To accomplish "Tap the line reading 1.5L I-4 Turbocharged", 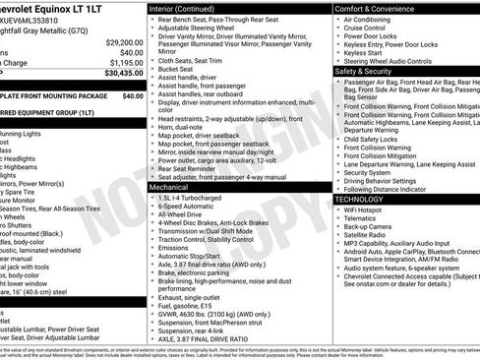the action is [195, 198].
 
